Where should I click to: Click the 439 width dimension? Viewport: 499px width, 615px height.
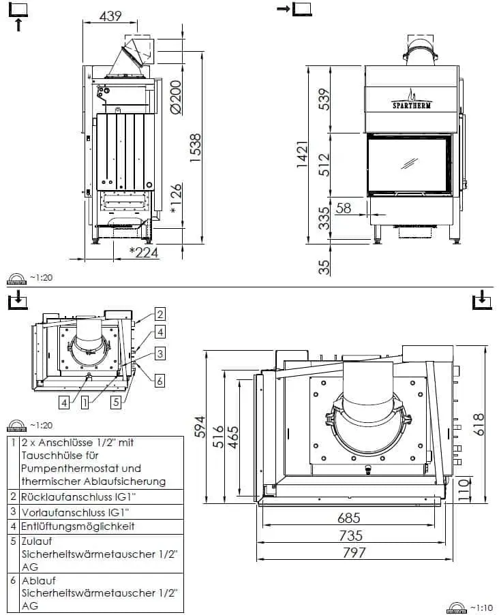click(110, 16)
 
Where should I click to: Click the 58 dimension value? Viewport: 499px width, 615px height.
click(344, 208)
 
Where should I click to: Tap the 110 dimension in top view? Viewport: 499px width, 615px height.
click(464, 488)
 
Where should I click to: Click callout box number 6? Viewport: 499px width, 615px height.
click(160, 381)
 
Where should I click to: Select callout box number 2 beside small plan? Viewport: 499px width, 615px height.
click(160, 314)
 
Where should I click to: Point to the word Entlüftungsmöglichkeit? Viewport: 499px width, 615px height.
click(78, 526)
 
